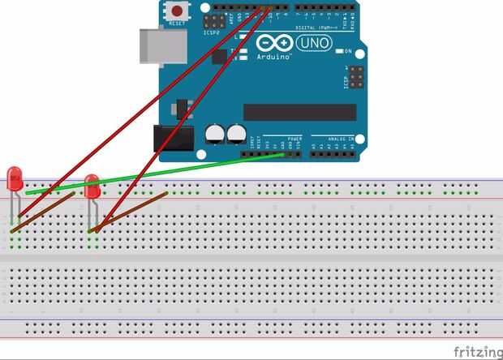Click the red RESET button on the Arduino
pos(176,11)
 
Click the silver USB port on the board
pos(162,46)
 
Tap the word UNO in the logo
pos(315,43)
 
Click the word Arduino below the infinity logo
pos(274,58)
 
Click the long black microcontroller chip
pos(299,112)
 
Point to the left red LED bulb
pos(15,178)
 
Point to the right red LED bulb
pos(92,186)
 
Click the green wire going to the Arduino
pos(162,172)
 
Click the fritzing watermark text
pos(475,351)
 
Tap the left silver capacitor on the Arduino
pos(215,131)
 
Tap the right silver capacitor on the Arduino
pos(236,131)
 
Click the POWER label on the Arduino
pos(294,138)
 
